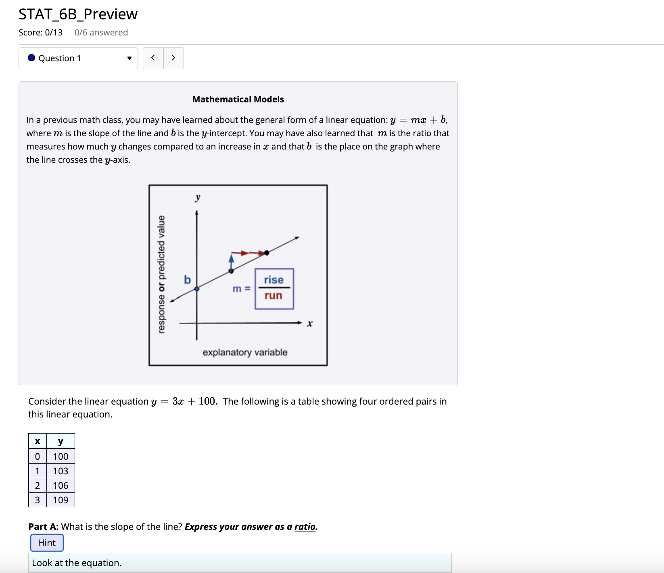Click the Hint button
coord(47,543)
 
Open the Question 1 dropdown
coord(78,58)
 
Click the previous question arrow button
coord(153,58)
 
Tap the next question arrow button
coord(173,58)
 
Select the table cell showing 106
coord(61,486)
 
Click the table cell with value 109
coord(61,500)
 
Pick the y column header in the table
coord(61,441)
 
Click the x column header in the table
coord(38,441)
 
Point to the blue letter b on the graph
coord(187,280)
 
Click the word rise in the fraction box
coord(274,280)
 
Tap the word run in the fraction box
coord(274,296)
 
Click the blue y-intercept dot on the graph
coord(197,289)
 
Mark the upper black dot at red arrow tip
coord(266,253)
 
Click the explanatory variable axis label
coord(245,353)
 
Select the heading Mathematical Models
coord(238,100)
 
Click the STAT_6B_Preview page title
coord(78,15)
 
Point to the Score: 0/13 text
coord(40,33)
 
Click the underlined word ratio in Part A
coord(305,527)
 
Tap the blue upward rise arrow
coord(232,261)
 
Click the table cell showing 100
coord(61,457)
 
